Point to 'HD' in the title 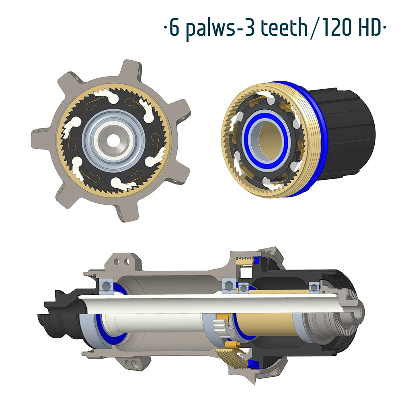click(x=371, y=27)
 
